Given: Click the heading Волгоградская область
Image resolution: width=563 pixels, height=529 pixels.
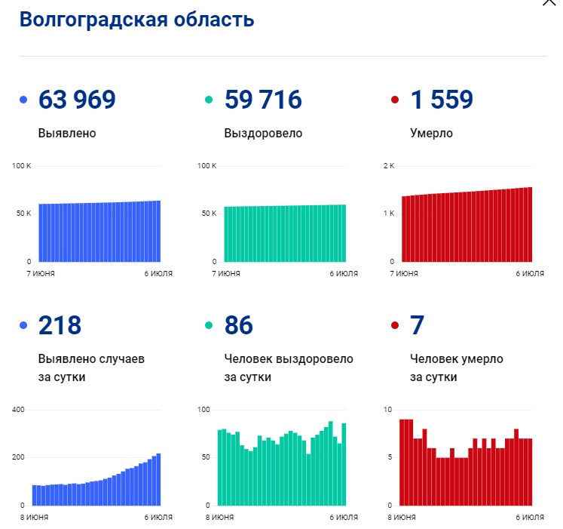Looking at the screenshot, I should coord(136,20).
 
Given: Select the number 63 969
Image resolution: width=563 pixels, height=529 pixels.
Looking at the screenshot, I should coord(77,100).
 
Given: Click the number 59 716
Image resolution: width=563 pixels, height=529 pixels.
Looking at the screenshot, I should coord(263,100).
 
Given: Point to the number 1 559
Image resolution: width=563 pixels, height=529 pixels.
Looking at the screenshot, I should coord(442,100).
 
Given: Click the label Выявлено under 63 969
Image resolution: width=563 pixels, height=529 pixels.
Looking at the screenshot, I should coord(67,134).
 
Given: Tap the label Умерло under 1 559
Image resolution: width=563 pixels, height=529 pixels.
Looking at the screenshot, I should coord(431,134).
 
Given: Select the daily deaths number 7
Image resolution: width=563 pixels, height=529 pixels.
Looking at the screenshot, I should coord(417,325).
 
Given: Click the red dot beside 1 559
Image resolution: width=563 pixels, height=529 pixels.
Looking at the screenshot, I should coord(394,100).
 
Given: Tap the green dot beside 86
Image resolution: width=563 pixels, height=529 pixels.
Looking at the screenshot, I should coord(209,326).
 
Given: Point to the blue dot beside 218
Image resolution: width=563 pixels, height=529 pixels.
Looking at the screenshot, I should coord(23,326).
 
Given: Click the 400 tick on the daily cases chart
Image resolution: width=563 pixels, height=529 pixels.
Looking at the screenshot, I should coord(18,410).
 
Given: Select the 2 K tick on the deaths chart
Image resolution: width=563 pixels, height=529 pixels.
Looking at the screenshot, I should coord(389,165).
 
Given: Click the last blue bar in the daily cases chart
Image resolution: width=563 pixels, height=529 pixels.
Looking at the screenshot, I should coord(158,479).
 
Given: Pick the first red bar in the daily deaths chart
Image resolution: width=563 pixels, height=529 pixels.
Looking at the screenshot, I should coord(402,462).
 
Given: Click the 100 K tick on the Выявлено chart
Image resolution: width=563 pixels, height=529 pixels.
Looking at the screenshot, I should coord(21,165).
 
